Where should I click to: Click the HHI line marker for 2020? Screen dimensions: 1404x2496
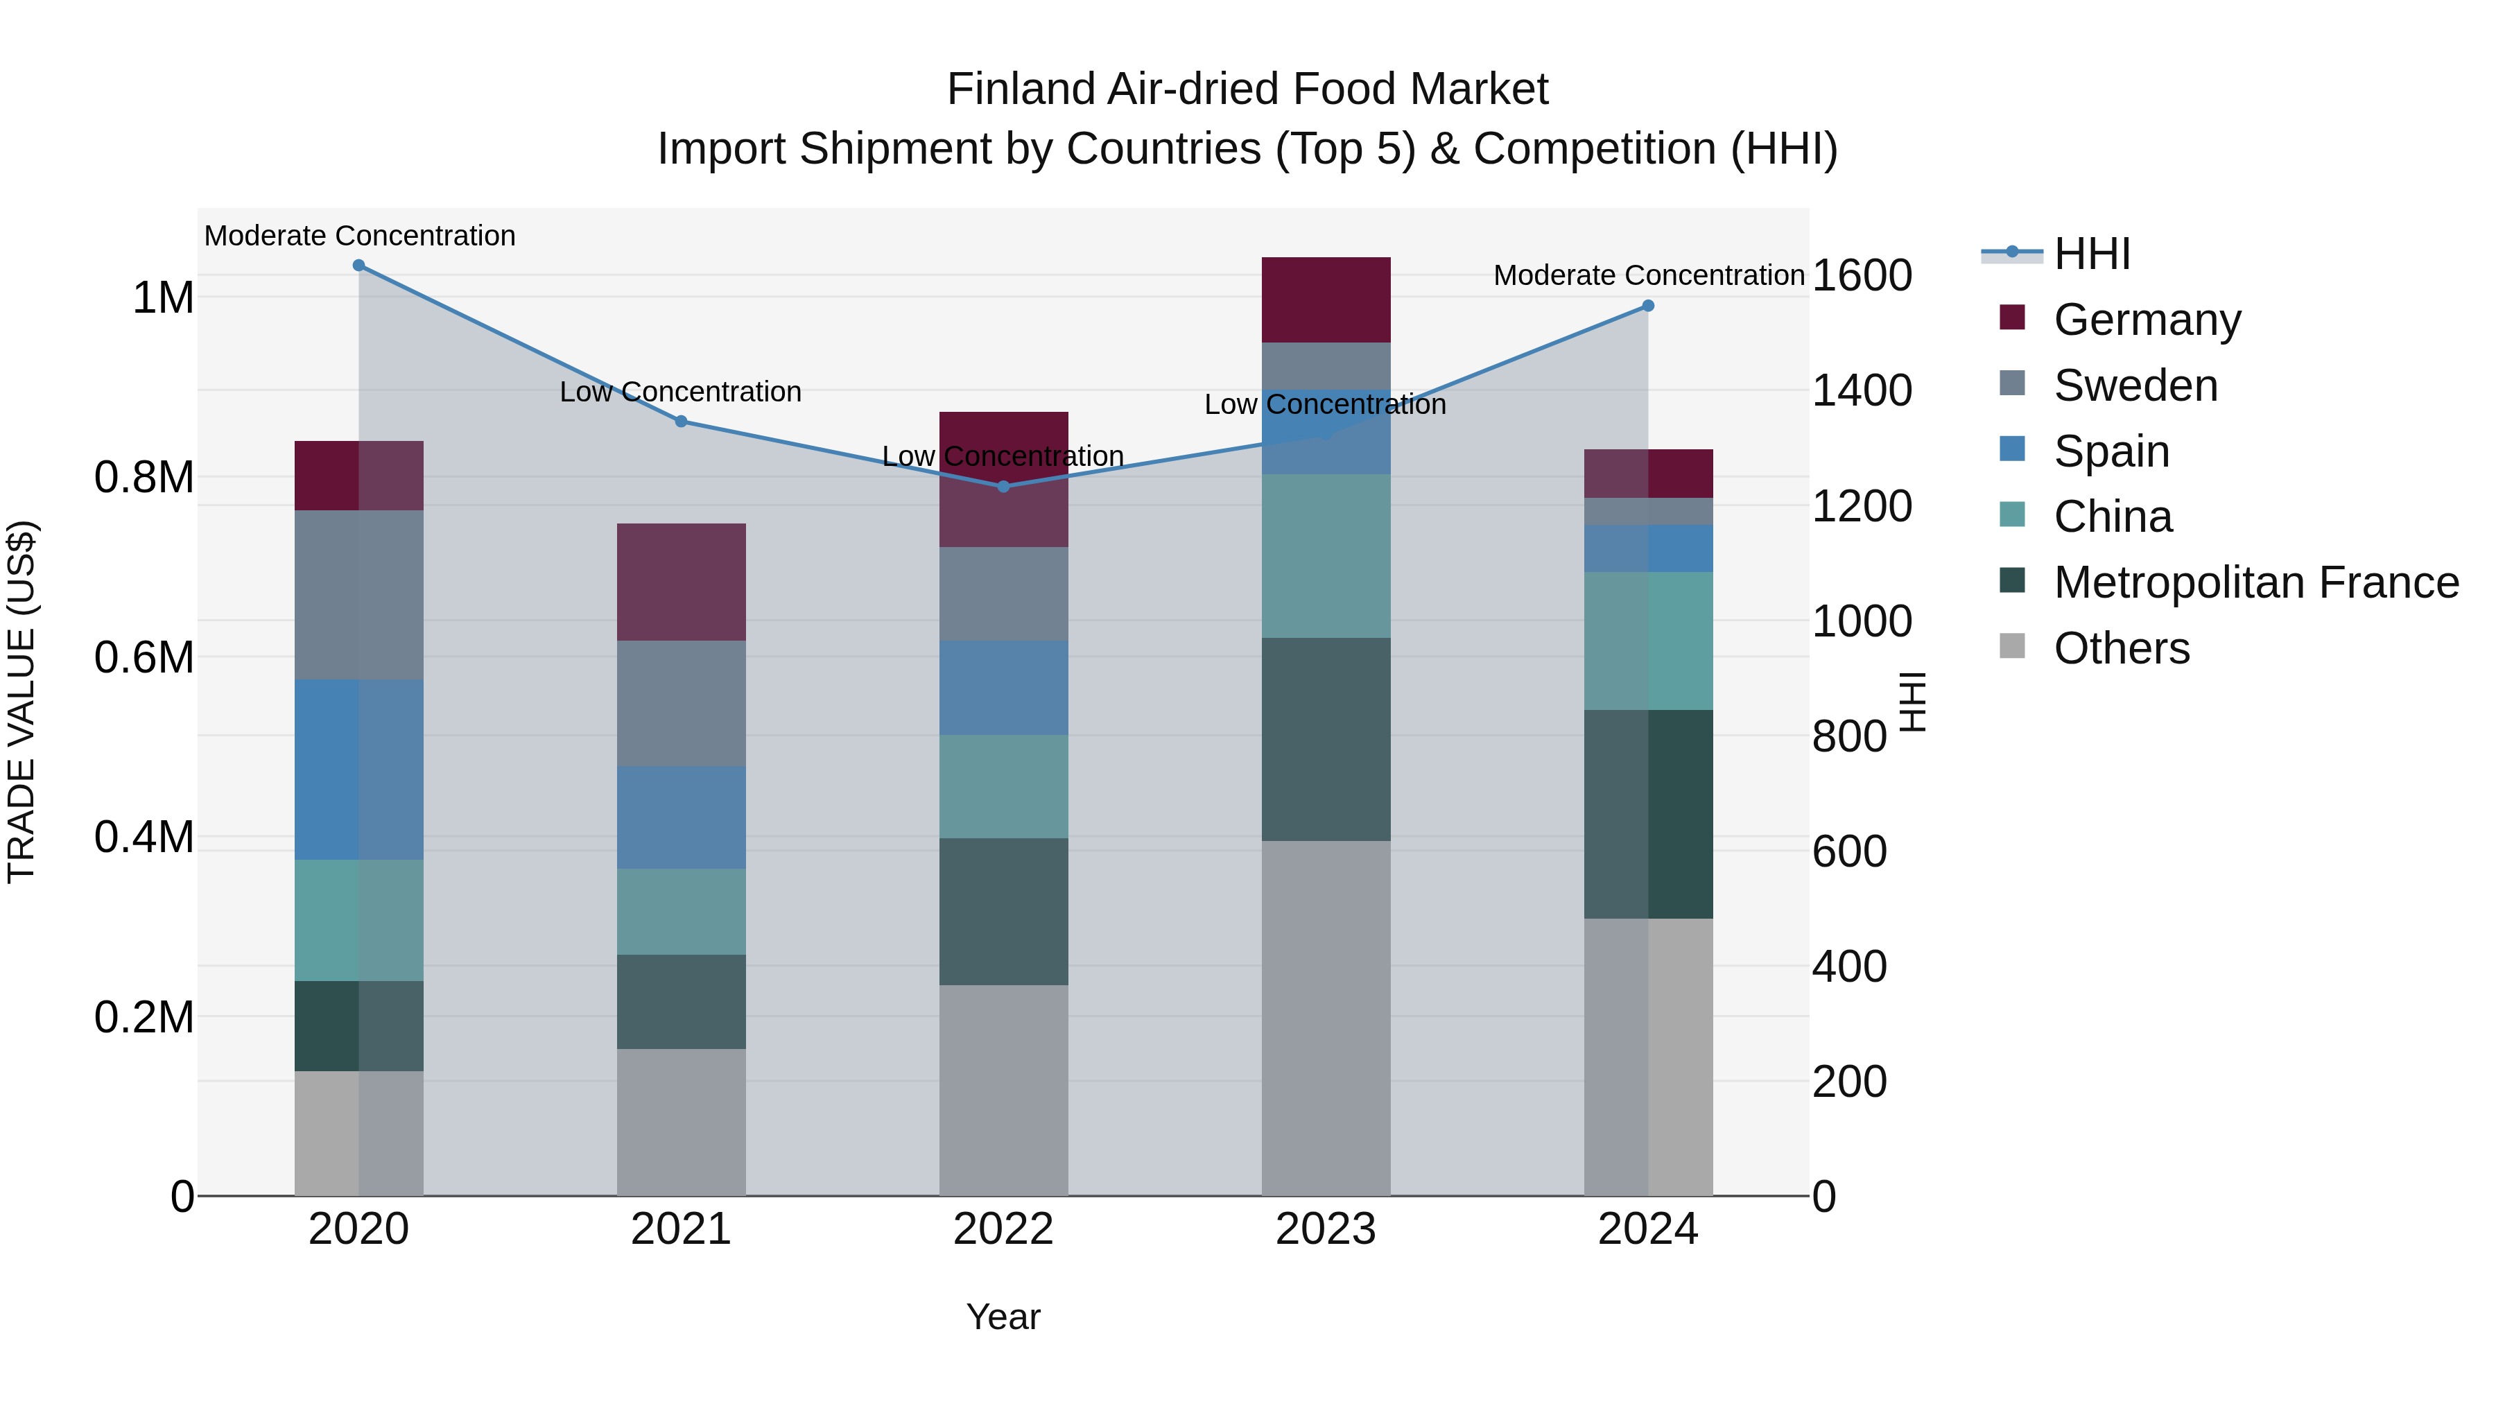pos(358,266)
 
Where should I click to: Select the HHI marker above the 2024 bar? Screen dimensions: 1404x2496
pos(1648,306)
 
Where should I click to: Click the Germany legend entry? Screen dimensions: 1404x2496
pos(2147,320)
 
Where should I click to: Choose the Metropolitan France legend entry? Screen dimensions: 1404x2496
pos(2255,582)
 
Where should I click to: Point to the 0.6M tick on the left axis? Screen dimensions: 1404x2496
pos(144,658)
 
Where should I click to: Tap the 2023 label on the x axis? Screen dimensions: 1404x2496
pos(1326,1229)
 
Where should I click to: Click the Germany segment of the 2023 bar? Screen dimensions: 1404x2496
pos(1326,300)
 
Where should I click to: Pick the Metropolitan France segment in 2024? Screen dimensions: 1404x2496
pos(1648,814)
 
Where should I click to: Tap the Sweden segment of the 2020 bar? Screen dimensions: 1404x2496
pos(358,595)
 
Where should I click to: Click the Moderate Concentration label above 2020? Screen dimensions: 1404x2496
pos(359,236)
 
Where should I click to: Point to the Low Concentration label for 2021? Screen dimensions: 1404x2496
pos(680,392)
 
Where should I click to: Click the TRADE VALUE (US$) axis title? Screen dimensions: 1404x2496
pos(21,702)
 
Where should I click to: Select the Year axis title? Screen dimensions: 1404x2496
pos(1003,1317)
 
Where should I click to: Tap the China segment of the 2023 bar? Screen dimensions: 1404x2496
pos(1326,556)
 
